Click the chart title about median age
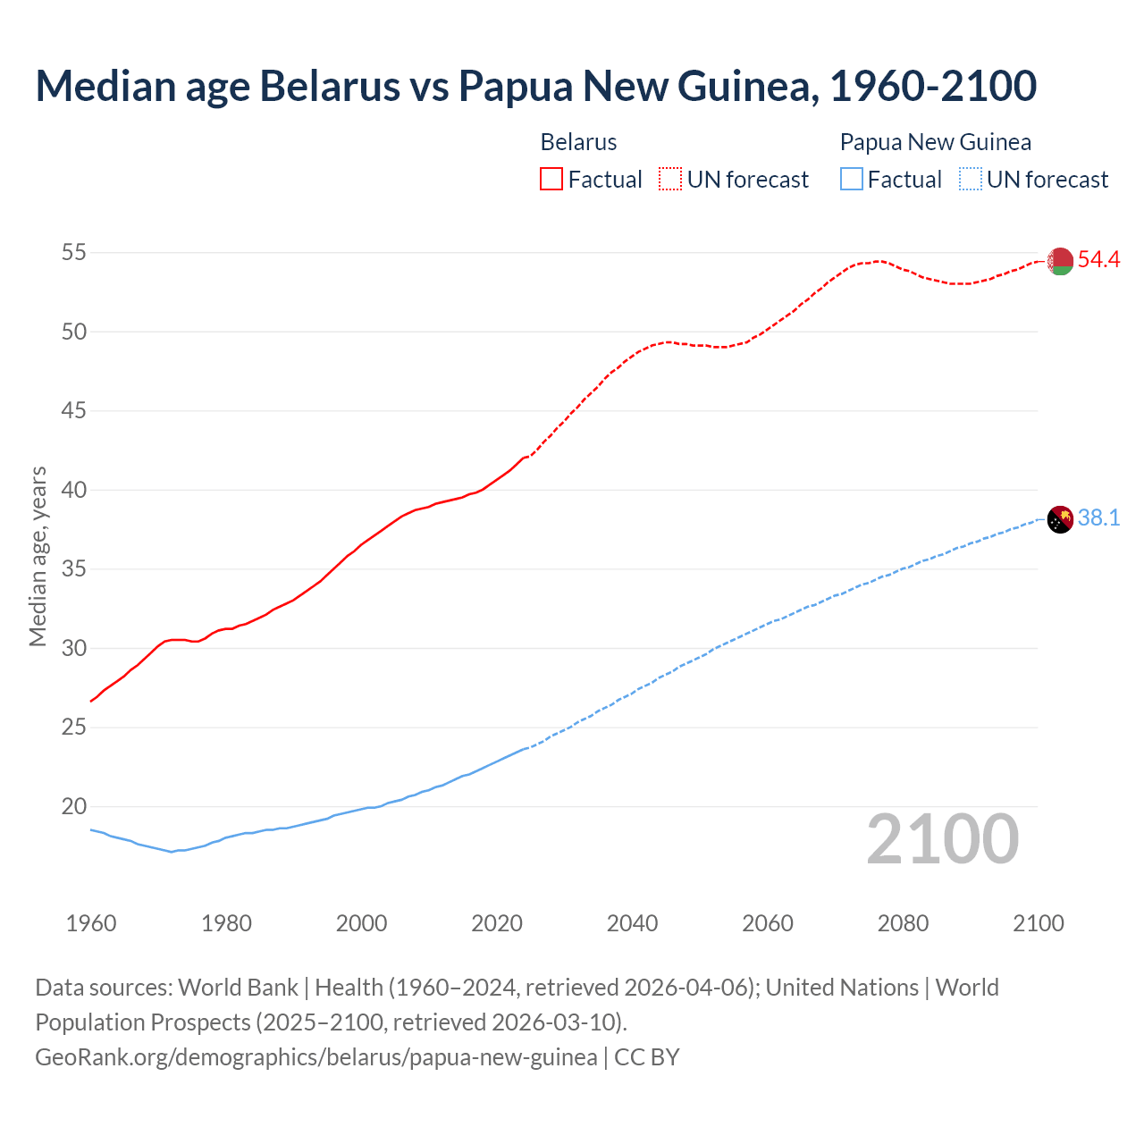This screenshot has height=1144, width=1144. click(535, 86)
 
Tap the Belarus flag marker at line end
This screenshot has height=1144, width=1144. click(1060, 261)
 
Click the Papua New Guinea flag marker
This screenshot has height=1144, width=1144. click(1060, 518)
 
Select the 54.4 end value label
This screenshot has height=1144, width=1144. click(1098, 260)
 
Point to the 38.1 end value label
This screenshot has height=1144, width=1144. click(1098, 518)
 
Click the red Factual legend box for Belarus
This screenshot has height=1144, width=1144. click(551, 180)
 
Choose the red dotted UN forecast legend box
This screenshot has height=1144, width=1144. click(670, 180)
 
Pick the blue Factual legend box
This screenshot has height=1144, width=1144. click(851, 180)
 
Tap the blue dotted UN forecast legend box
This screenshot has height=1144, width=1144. click(970, 180)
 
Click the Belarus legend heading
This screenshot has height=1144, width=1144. click(578, 142)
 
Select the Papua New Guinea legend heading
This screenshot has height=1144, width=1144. click(935, 142)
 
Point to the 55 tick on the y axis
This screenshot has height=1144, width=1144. click(73, 253)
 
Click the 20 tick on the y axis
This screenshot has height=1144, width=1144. click(73, 807)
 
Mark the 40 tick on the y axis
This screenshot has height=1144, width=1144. click(73, 491)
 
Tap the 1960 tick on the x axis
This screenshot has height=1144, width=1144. click(91, 923)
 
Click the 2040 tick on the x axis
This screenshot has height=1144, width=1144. click(632, 923)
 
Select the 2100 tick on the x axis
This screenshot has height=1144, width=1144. click(1038, 923)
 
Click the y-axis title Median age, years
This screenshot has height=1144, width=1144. click(38, 556)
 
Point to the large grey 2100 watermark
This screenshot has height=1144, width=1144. click(942, 839)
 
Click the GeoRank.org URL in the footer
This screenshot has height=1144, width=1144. click(315, 1057)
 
